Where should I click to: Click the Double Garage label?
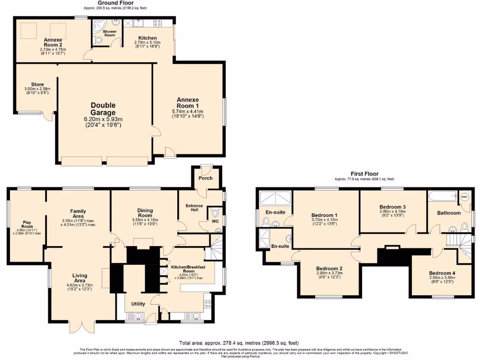(x=103, y=109)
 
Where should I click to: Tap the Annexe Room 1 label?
(x=187, y=103)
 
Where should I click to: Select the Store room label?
(x=37, y=84)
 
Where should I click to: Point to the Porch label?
(x=205, y=178)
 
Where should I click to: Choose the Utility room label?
(x=138, y=304)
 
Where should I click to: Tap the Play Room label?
(x=27, y=223)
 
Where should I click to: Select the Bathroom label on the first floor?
(x=449, y=213)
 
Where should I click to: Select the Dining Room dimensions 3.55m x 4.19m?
(x=142, y=219)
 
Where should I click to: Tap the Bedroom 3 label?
(x=392, y=207)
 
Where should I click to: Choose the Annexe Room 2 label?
(x=53, y=42)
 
